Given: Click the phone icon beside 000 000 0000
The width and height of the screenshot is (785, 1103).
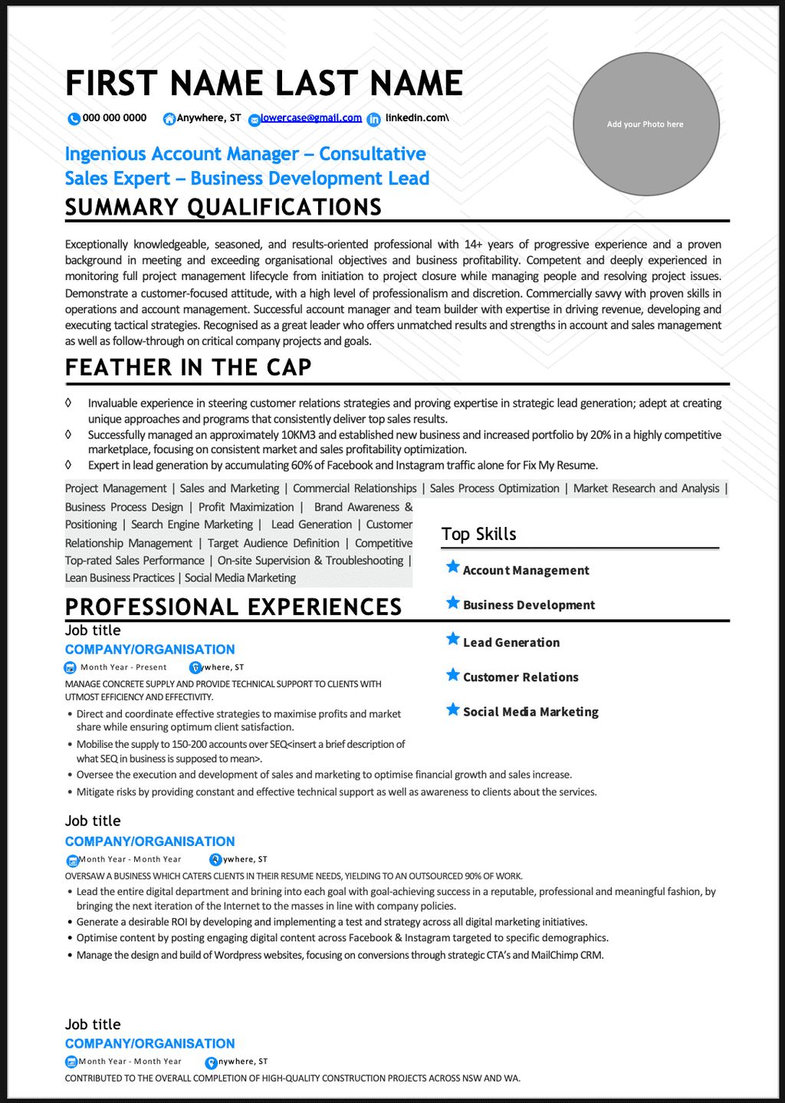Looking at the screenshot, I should click(74, 119).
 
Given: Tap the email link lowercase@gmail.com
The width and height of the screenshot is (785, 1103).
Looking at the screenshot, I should click(310, 118).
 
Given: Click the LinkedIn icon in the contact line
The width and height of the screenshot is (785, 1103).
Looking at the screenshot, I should click(373, 119).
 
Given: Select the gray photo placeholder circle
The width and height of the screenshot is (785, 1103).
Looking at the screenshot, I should click(645, 124).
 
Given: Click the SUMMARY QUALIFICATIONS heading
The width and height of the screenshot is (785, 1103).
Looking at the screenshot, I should click(223, 207).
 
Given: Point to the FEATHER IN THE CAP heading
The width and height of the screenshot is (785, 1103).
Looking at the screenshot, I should click(188, 367).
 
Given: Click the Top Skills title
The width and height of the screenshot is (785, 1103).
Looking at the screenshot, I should click(478, 534).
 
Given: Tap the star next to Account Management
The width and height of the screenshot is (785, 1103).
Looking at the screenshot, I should click(453, 567).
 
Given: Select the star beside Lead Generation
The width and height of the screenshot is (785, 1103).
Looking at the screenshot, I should click(453, 639).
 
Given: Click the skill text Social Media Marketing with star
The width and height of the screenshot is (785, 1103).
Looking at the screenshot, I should click(530, 712).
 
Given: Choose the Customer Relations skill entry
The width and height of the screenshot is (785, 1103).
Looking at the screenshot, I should click(521, 677).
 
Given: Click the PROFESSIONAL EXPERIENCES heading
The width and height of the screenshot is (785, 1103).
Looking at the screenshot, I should click(233, 607).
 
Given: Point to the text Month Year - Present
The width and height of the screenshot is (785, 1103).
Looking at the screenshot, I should click(123, 667).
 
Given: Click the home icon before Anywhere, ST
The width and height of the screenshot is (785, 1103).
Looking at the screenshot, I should click(169, 119).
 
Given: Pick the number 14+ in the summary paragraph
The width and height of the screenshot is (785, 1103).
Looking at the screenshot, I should click(471, 245).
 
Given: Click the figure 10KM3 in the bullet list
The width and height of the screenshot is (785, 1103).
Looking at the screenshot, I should click(298, 435).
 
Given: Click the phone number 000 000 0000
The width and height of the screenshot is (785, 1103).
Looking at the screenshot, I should click(114, 118).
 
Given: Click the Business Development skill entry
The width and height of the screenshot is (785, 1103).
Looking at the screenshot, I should click(528, 605).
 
